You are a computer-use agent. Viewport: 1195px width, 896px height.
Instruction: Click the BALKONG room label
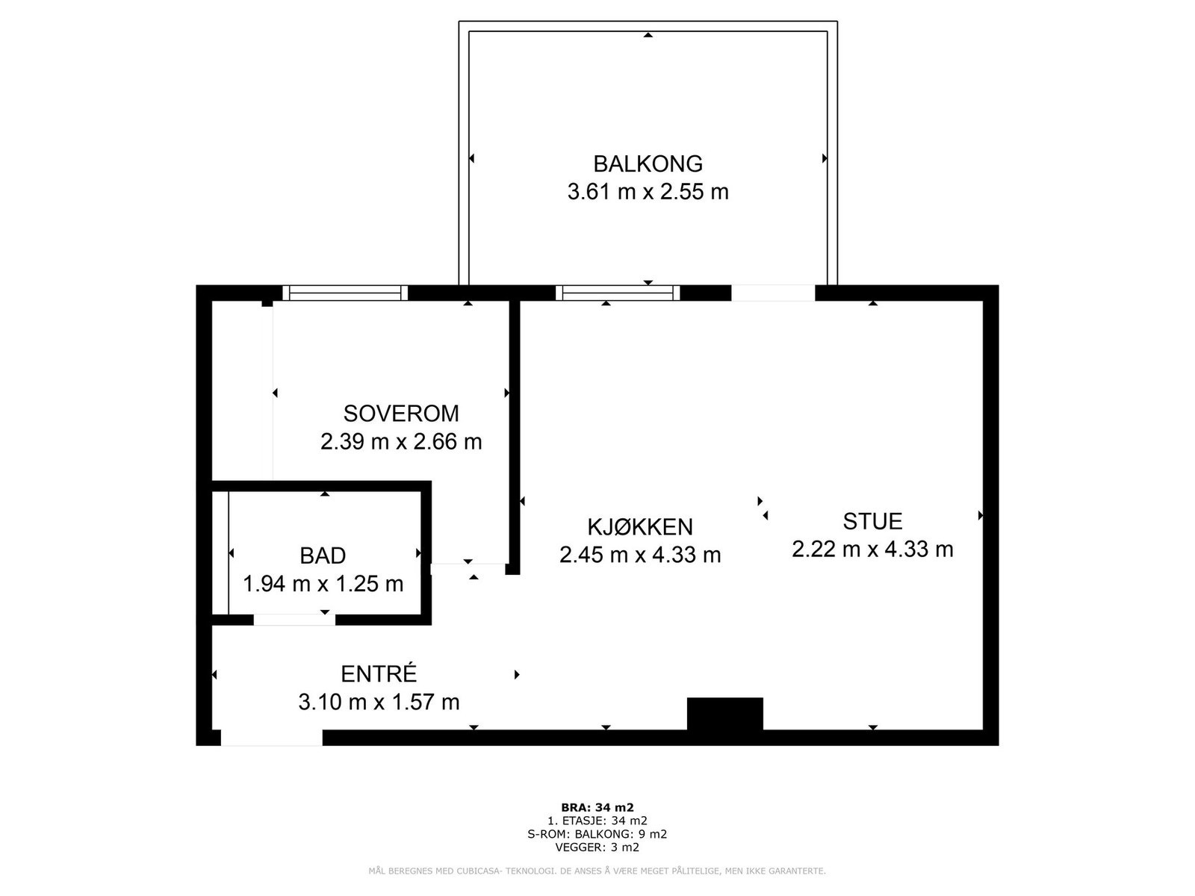[648, 164]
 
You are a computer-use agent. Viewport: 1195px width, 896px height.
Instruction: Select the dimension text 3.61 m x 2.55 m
[648, 192]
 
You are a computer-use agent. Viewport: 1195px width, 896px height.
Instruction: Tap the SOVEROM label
[401, 413]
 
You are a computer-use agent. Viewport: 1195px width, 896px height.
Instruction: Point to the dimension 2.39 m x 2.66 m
[401, 441]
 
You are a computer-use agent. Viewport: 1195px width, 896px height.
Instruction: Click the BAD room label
[323, 556]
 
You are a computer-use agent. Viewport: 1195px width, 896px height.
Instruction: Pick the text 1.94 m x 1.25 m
[323, 583]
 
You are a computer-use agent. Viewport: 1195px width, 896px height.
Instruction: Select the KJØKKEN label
[640, 527]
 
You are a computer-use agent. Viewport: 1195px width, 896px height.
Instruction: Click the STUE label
[872, 521]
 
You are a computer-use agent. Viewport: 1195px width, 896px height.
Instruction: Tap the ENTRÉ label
[379, 674]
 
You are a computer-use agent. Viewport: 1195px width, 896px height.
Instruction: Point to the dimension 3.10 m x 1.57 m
[379, 702]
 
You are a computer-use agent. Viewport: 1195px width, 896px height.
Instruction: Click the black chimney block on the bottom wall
[724, 714]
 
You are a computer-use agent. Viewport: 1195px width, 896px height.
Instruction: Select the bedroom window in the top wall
[345, 293]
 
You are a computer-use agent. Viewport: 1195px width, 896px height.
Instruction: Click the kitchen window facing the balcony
[618, 293]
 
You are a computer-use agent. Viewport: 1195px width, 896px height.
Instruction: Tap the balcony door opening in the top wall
[773, 293]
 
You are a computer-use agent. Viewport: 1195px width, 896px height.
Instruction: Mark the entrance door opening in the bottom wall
[272, 738]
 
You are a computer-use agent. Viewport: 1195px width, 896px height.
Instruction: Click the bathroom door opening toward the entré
[294, 620]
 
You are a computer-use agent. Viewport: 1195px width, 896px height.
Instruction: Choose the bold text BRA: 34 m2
[597, 807]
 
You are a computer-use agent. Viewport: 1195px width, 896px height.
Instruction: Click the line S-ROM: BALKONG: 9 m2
[597, 834]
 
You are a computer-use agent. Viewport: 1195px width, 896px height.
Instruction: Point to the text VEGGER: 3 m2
[597, 847]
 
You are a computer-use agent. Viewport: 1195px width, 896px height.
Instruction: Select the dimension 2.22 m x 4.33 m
[872, 550]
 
